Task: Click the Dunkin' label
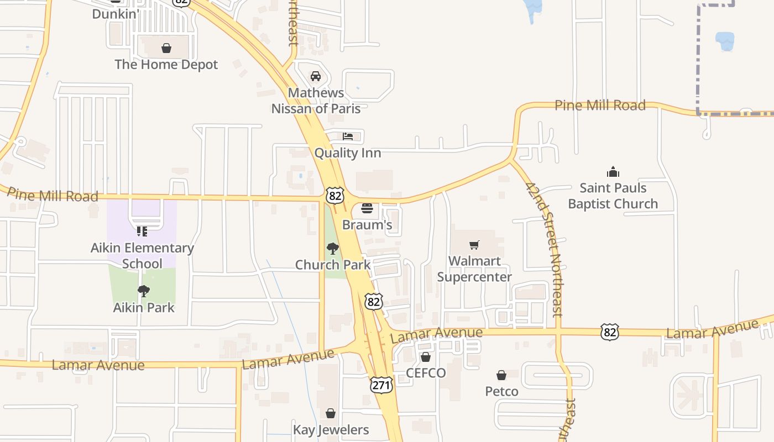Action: [114, 14]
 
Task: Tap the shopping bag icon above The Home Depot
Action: [166, 49]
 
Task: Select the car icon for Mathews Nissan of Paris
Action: [316, 76]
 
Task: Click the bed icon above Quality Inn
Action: [348, 136]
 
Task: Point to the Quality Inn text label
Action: [348, 152]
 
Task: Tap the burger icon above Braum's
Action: [367, 208]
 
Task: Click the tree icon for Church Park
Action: [333, 249]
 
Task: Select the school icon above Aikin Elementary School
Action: [142, 231]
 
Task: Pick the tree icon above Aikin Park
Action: [144, 291]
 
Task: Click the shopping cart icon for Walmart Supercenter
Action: [474, 245]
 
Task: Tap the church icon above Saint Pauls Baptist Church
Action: [613, 172]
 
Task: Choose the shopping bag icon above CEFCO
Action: [426, 357]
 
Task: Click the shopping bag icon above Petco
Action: [501, 376]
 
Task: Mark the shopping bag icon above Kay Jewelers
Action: [331, 413]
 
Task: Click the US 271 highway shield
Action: [381, 385]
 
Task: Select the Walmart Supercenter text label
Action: [474, 269]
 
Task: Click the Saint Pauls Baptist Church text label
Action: [613, 196]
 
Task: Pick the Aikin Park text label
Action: [144, 307]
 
